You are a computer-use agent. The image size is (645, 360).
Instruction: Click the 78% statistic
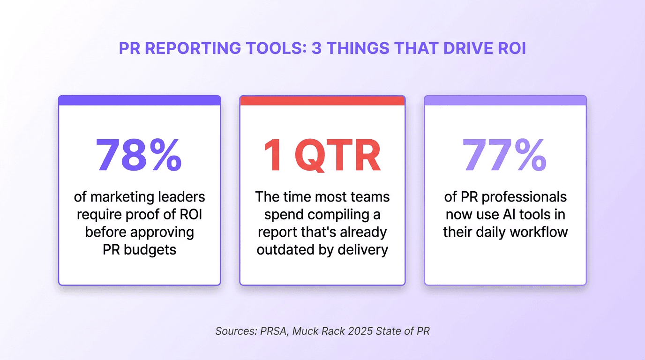[139, 155]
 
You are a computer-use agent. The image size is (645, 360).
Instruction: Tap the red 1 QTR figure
[322, 155]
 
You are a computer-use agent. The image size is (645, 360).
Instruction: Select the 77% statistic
[505, 155]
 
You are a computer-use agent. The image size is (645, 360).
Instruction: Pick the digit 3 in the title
[317, 48]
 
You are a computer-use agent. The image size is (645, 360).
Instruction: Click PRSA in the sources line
[274, 331]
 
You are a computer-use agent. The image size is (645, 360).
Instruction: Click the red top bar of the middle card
[322, 100]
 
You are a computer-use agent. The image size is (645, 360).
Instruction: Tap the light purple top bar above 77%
[505, 100]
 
